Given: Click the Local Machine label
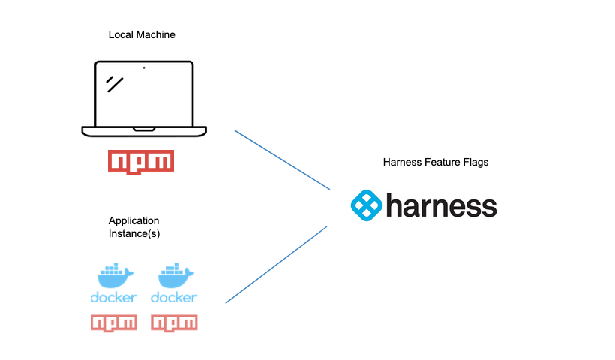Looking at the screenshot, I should (142, 35).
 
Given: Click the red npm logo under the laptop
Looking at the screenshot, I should (141, 161).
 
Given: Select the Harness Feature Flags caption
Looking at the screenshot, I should (436, 163).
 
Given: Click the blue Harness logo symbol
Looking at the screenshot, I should (367, 205).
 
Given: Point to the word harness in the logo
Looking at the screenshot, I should (441, 205).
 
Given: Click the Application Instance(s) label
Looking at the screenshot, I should (134, 227).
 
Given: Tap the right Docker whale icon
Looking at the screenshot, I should (174, 274).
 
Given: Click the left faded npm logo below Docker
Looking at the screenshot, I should (114, 322).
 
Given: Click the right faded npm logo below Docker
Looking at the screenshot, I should (174, 322).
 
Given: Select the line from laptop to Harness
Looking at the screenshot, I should (282, 160).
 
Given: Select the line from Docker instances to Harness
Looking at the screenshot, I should (276, 265).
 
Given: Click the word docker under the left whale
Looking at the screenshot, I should (114, 298).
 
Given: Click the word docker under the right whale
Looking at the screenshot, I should (174, 298).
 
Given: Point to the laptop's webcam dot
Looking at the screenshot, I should (144, 67).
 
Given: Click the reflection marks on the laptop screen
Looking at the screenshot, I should (114, 82).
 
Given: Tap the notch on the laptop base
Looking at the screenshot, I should (144, 129).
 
